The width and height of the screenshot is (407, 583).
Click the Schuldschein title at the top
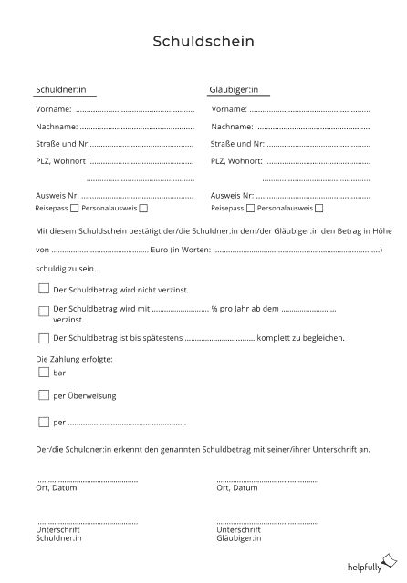click(203, 41)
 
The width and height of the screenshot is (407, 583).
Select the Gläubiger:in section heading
click(235, 90)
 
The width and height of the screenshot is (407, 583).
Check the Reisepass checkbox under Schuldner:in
click(74, 209)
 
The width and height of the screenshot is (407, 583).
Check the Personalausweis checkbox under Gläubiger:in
click(318, 209)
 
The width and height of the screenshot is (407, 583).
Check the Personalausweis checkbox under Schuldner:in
click(143, 209)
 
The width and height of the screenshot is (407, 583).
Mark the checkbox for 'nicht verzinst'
click(44, 288)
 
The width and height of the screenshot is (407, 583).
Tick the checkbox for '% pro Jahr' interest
click(44, 311)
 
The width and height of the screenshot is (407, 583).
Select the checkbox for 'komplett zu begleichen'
click(44, 337)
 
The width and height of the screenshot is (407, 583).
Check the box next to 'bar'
click(44, 372)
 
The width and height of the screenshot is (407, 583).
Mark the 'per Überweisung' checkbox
click(44, 395)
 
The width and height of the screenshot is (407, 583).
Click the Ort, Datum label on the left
click(57, 488)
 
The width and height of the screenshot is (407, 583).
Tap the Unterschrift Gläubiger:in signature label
click(240, 534)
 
